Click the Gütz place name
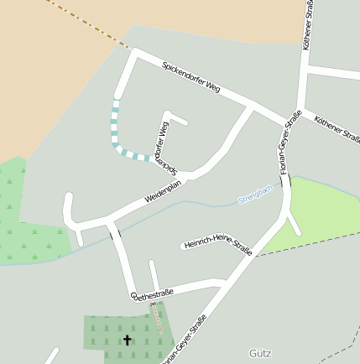pyautogui.click(x=260, y=352)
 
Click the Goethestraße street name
pyautogui.click(x=152, y=294)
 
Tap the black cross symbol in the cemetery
pyautogui.click(x=128, y=341)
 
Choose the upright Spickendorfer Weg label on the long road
pyautogui.click(x=190, y=77)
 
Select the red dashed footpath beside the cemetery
pyautogui.click(x=157, y=317)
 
